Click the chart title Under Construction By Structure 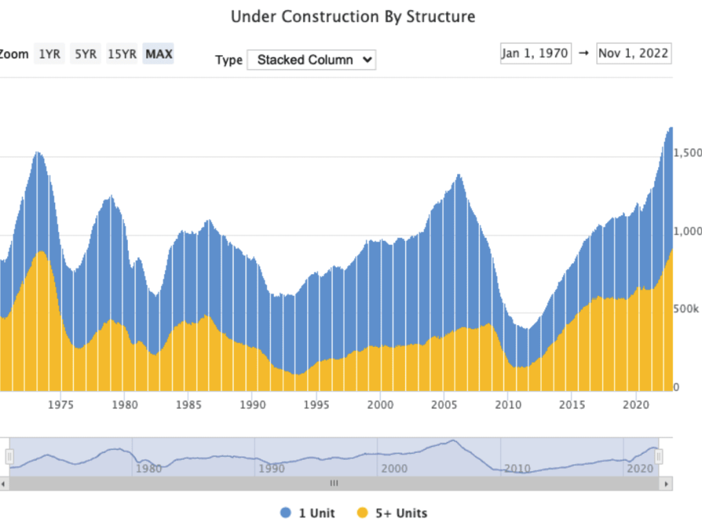352,17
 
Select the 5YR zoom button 85,54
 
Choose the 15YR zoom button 122,54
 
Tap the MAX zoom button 159,54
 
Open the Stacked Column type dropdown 311,60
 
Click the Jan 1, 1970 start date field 535,54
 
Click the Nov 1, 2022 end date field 634,54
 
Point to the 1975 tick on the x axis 61,405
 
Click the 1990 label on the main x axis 253,405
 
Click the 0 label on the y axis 677,388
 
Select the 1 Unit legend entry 308,513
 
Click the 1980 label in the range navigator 149,469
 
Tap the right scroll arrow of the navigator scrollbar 666,484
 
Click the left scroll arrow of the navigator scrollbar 3,484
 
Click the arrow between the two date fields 584,54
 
